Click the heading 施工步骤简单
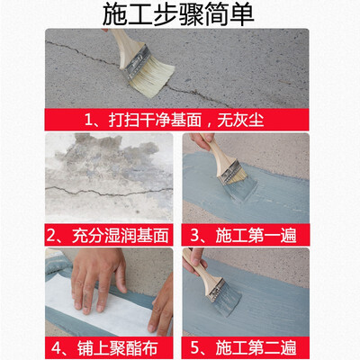tap(178, 14)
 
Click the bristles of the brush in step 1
tap(152, 77)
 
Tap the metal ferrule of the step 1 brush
tap(138, 61)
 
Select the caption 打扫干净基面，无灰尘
tap(186, 120)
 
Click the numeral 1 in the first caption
tap(88, 121)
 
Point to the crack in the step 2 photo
tap(109, 191)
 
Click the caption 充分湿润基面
tap(120, 235)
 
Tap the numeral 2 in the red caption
tap(51, 235)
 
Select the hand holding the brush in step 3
tap(200, 140)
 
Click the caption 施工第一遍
tap(256, 235)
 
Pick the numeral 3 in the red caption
tap(195, 235)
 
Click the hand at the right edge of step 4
tap(161, 306)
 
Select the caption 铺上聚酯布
tap(117, 348)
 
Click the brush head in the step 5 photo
tap(223, 296)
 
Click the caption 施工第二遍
tap(256, 348)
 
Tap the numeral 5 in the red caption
tap(195, 348)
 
